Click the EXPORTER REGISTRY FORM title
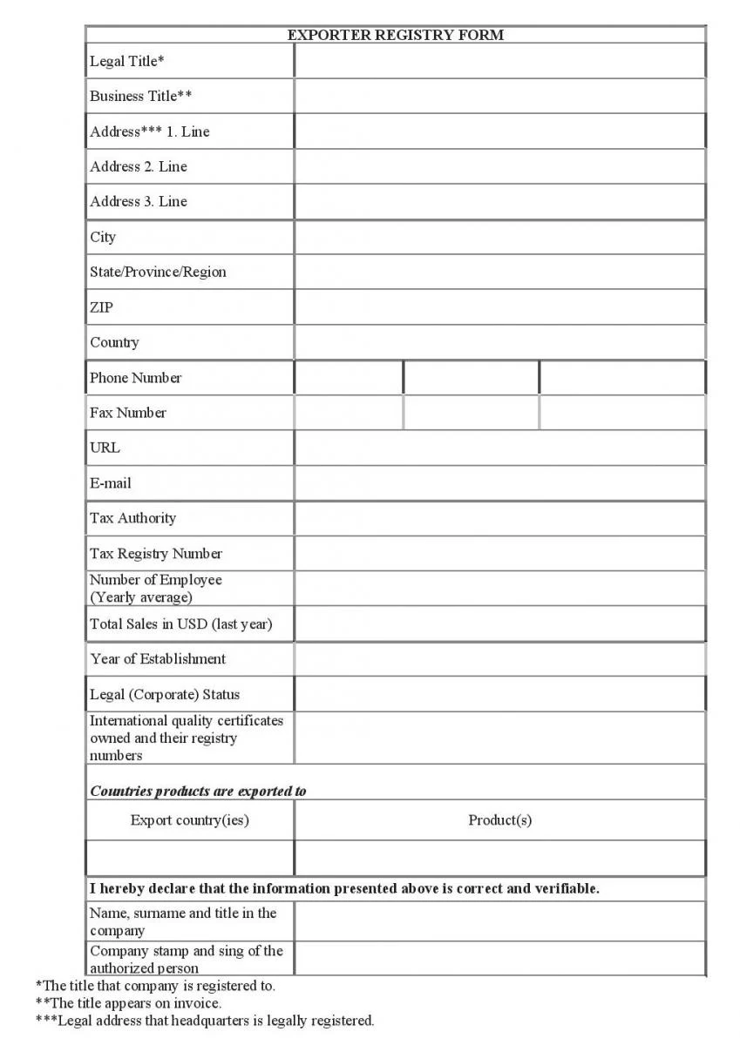(x=395, y=35)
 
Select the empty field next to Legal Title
(x=499, y=61)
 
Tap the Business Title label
(x=140, y=96)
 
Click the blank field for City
(x=499, y=237)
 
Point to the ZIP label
(x=101, y=307)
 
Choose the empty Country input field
(x=499, y=342)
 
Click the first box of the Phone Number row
(x=349, y=378)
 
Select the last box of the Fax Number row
(x=622, y=413)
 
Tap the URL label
(x=105, y=448)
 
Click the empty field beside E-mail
(x=499, y=483)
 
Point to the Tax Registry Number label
(x=156, y=554)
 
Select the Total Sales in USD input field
(x=499, y=624)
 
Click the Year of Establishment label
(x=158, y=659)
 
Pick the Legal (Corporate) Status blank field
(x=499, y=694)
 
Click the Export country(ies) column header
(x=189, y=820)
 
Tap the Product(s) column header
(x=499, y=820)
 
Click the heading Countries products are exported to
(x=198, y=792)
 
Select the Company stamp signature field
(x=499, y=959)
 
